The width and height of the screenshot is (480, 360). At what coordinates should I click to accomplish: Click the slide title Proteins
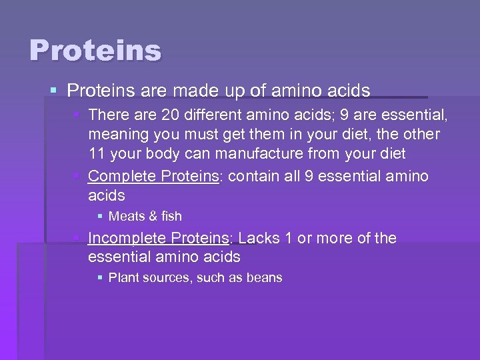pyautogui.click(x=95, y=51)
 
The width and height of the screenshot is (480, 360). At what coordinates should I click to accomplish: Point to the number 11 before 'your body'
pyautogui.click(x=97, y=153)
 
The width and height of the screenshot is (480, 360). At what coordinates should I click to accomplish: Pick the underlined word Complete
pyautogui.click(x=119, y=176)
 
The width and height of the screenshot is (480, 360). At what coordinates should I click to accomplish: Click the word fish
pyautogui.click(x=171, y=216)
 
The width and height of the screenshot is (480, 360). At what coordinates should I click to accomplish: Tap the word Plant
pyautogui.click(x=123, y=277)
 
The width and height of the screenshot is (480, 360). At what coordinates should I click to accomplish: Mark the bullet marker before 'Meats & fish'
pyautogui.click(x=100, y=216)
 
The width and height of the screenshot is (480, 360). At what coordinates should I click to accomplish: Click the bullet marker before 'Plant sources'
pyautogui.click(x=100, y=277)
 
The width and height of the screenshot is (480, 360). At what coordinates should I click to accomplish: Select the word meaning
pyautogui.click(x=117, y=135)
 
